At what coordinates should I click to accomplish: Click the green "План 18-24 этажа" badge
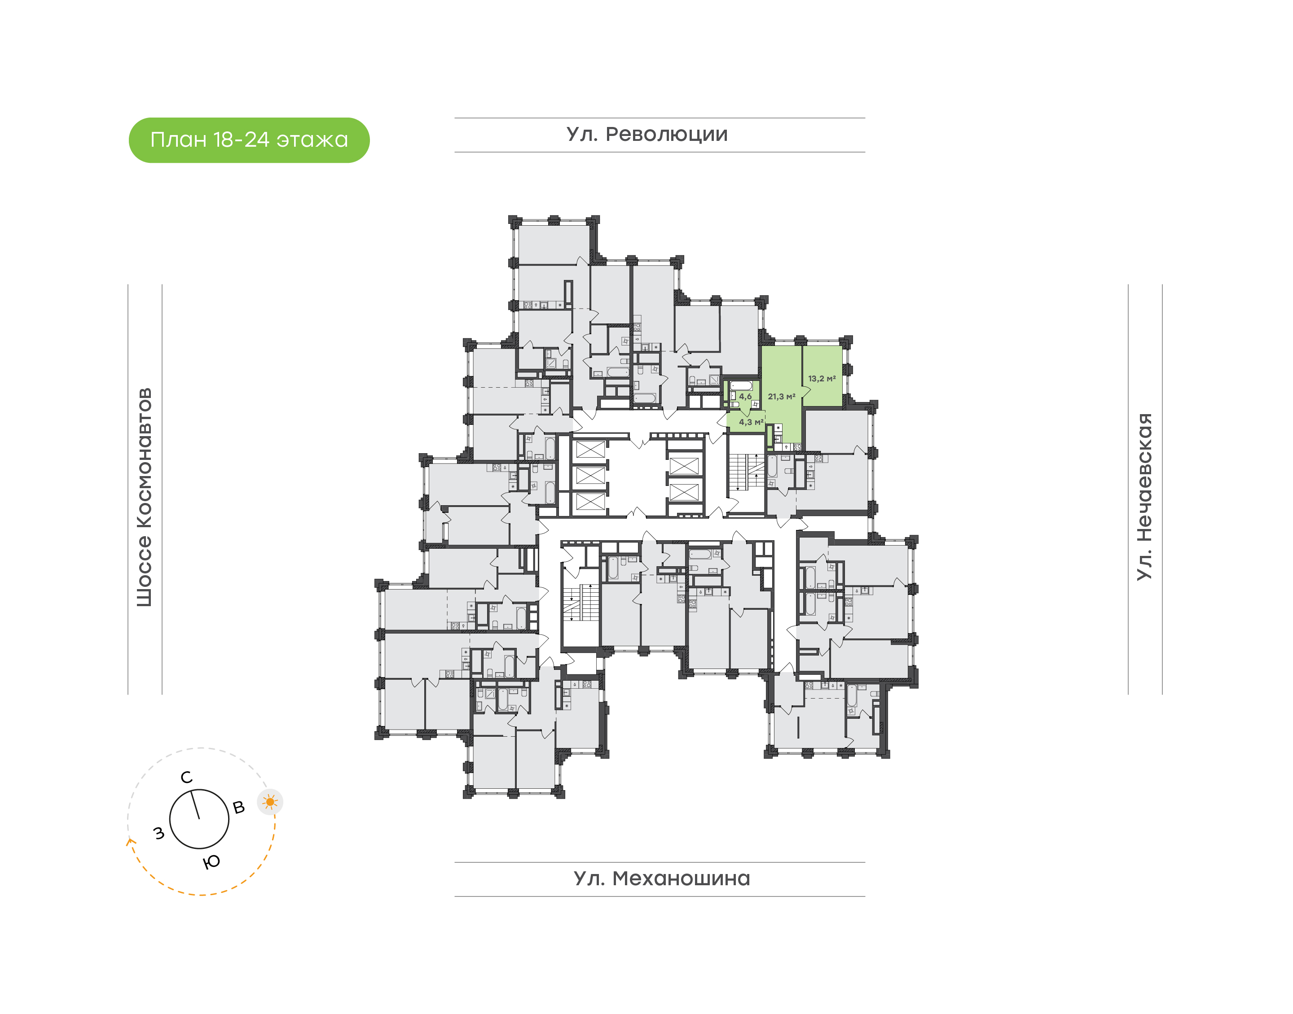tap(249, 140)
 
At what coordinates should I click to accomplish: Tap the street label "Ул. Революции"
tap(647, 135)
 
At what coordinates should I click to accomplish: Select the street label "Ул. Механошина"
tap(662, 879)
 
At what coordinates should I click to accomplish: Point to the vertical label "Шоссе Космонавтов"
tap(144, 498)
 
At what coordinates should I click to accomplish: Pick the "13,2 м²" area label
tap(822, 379)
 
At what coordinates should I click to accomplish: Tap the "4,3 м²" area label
tap(751, 422)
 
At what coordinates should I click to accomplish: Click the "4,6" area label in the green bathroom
tap(745, 397)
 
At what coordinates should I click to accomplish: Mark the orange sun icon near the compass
tap(270, 802)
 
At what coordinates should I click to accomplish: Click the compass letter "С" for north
tap(186, 778)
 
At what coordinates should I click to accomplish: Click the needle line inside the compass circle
tap(195, 804)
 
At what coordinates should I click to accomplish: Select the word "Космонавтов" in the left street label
tap(144, 458)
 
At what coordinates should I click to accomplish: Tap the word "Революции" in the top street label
tap(666, 135)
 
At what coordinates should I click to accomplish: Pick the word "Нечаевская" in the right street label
tap(1144, 477)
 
